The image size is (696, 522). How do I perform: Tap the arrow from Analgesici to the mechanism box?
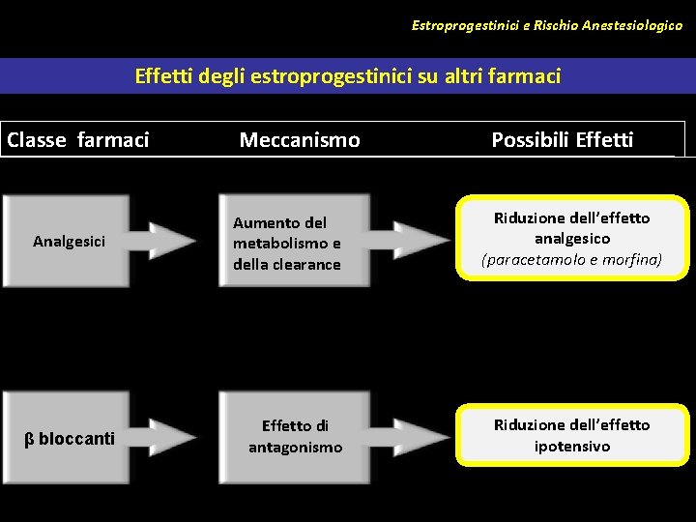pyautogui.click(x=172, y=241)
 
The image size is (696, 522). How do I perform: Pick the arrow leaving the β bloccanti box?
pyautogui.click(x=172, y=437)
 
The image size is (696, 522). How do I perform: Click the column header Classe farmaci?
pyautogui.click(x=78, y=140)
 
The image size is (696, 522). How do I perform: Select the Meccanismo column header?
pyautogui.click(x=300, y=140)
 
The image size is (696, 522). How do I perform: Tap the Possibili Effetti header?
pyautogui.click(x=562, y=140)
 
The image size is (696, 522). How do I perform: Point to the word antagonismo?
pyautogui.click(x=295, y=448)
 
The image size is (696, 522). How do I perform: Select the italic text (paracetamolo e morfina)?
pyautogui.click(x=572, y=259)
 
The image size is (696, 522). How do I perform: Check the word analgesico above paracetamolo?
pyautogui.click(x=572, y=238)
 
